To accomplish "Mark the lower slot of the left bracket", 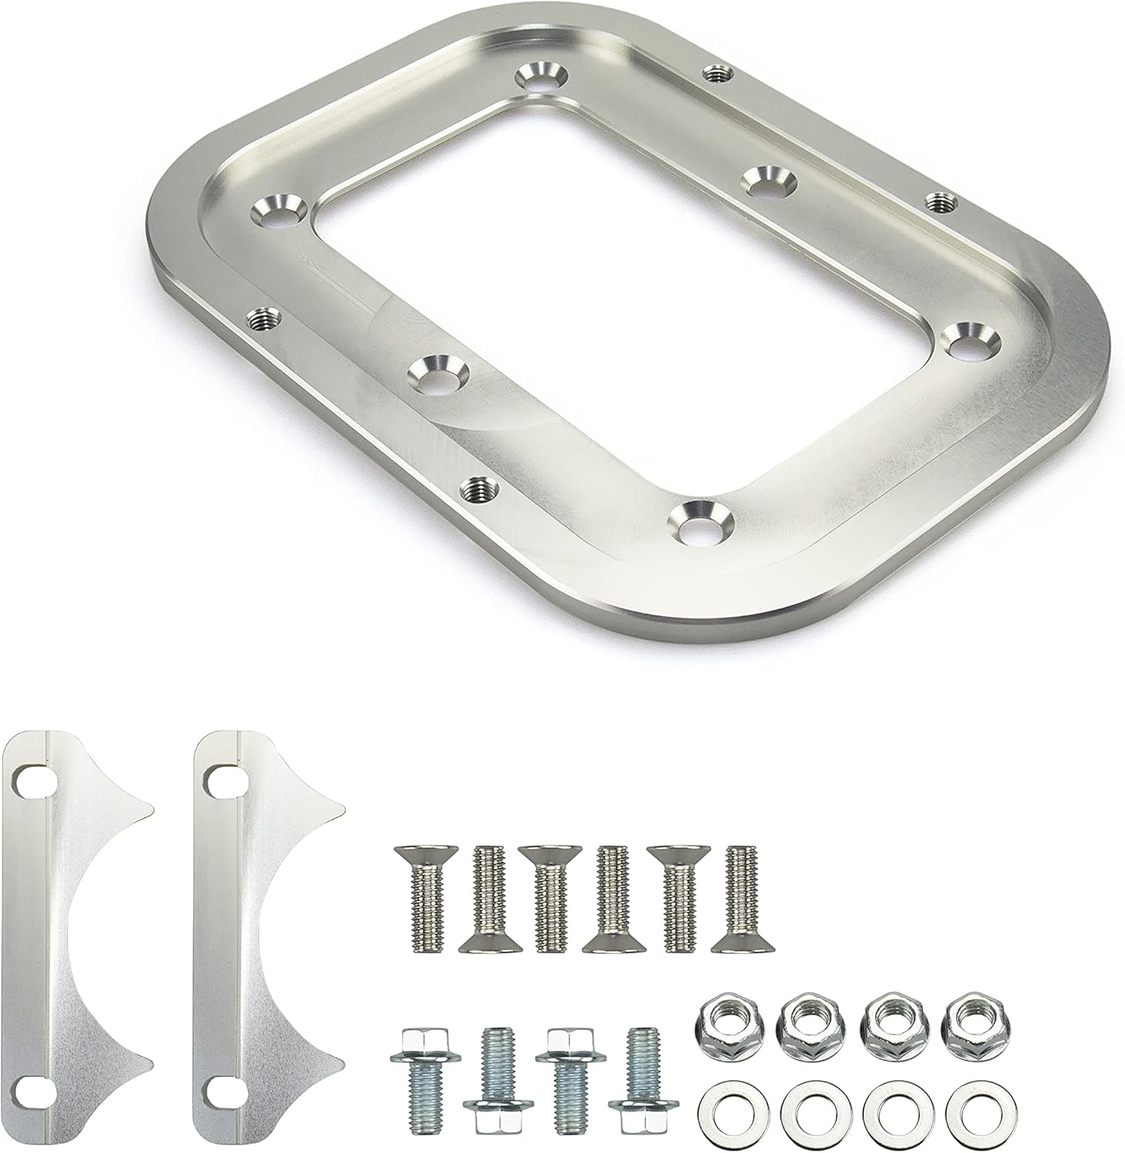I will point(30,1090).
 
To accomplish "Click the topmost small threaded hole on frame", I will point(717,73).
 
